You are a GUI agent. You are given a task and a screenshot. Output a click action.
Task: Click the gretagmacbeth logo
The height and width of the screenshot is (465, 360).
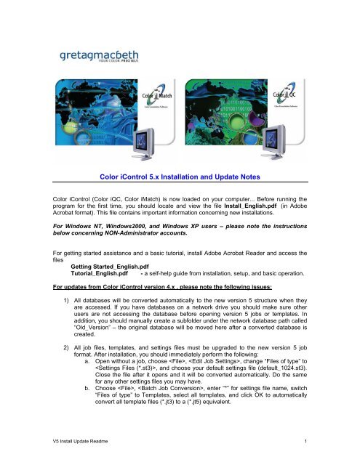[x=99, y=56]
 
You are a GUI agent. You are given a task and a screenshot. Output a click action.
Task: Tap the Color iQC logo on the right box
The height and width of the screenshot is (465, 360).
[x=286, y=94]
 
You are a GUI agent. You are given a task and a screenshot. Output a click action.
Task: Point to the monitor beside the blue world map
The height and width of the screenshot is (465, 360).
[x=144, y=144]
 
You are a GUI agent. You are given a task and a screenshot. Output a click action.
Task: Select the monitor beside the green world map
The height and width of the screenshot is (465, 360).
[x=273, y=142]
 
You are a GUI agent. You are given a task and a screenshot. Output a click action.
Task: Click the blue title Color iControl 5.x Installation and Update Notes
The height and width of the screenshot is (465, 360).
[x=180, y=177]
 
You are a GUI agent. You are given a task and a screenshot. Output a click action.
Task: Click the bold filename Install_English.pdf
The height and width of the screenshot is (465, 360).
[x=250, y=206]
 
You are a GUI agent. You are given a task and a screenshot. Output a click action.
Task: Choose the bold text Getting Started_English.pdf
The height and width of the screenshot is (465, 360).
[x=110, y=267]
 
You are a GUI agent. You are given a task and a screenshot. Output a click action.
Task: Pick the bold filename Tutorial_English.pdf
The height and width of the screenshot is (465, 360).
[x=99, y=273]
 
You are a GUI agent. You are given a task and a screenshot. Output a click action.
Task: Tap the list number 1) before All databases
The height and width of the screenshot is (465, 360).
[x=66, y=300]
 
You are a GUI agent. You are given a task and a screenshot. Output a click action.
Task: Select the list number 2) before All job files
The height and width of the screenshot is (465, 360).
[x=66, y=347]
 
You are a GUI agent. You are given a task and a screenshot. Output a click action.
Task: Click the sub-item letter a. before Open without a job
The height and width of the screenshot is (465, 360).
[x=87, y=361]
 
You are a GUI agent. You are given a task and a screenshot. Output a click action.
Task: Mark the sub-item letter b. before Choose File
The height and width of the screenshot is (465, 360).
[x=87, y=388]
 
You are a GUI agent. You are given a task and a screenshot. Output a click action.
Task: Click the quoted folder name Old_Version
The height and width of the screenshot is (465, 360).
[x=92, y=328]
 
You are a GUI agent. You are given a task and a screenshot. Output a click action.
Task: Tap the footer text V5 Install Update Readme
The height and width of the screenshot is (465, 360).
[x=80, y=441]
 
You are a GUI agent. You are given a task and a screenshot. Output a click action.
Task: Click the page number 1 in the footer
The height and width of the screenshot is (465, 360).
[x=305, y=441]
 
